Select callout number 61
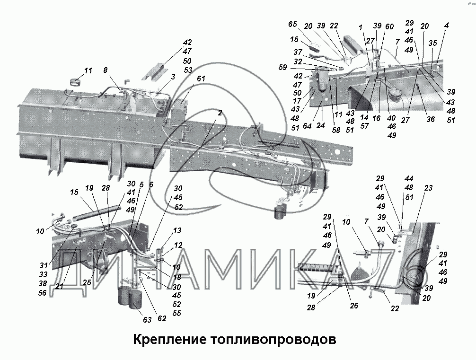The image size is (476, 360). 202,79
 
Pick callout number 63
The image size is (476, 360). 147,320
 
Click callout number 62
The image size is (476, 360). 162,318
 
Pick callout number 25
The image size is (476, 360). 88,282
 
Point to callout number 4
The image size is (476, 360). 447,25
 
